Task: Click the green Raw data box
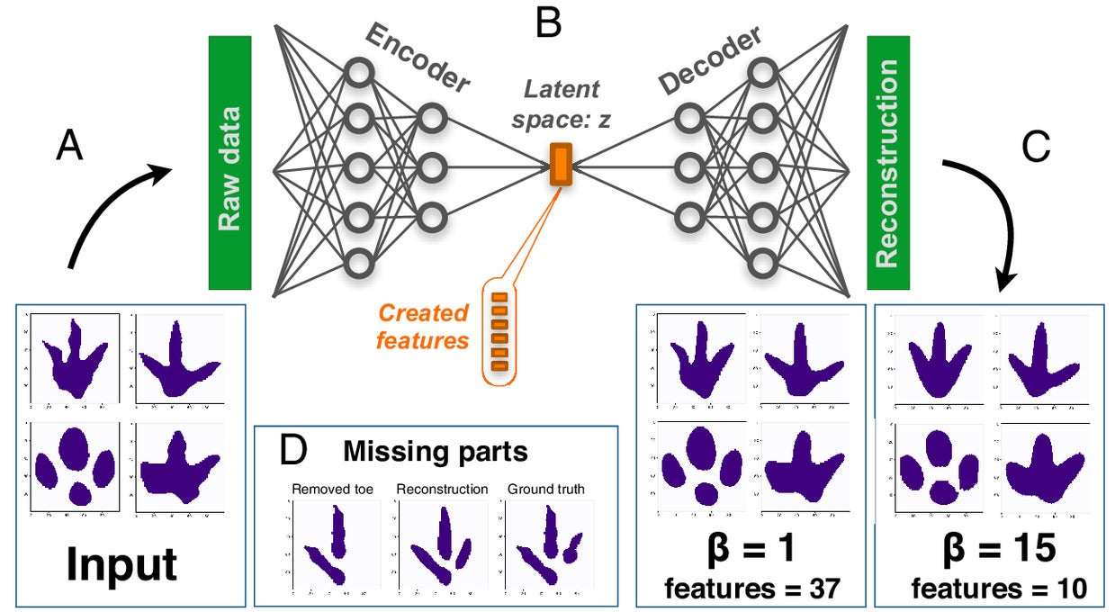pyautogui.click(x=230, y=163)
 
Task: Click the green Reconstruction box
pyautogui.click(x=887, y=163)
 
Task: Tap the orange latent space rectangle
pyautogui.click(x=561, y=165)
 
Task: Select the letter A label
pyautogui.click(x=69, y=145)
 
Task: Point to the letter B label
pyautogui.click(x=547, y=22)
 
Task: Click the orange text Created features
pyautogui.click(x=423, y=327)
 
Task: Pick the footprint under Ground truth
pyautogui.click(x=547, y=550)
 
